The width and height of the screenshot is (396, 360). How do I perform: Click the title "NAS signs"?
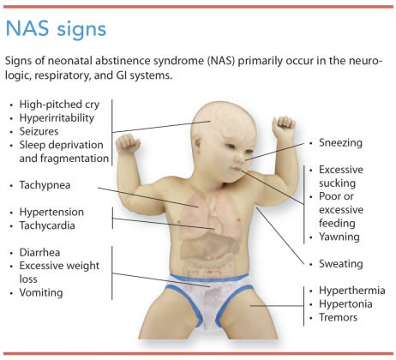[56, 29]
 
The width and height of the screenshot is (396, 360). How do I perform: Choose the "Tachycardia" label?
[49, 225]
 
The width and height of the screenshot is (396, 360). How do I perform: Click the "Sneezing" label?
[340, 143]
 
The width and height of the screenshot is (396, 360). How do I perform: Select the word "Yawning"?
[339, 237]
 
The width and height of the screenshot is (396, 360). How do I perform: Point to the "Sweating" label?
[340, 264]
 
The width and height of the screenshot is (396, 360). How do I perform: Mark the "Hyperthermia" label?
[351, 291]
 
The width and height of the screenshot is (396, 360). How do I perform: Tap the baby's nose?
[240, 161]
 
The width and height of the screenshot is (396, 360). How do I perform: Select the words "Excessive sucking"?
[343, 177]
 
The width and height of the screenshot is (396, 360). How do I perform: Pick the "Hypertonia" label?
[345, 304]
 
